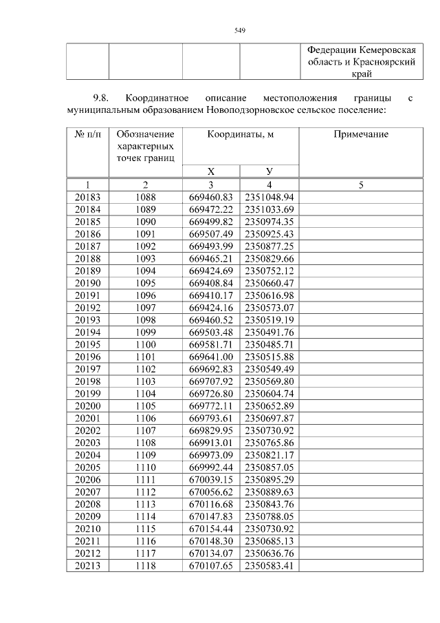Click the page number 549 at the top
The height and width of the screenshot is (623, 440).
tap(240, 30)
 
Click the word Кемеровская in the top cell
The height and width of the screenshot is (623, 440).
tap(389, 51)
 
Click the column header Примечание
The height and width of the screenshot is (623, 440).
tap(360, 134)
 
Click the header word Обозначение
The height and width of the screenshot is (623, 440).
tap(145, 134)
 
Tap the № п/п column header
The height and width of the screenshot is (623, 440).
tap(87, 134)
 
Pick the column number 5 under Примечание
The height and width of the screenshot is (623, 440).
tap(360, 184)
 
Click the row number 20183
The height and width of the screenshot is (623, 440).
tap(87, 197)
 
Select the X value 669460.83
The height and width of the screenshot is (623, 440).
tap(210, 197)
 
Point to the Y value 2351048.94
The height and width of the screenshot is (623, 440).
tap(269, 197)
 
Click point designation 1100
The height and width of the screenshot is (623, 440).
tap(145, 344)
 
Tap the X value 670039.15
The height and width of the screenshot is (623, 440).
tap(210, 480)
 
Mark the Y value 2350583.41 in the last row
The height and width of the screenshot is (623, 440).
tap(269, 566)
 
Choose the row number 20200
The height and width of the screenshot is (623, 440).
tap(87, 406)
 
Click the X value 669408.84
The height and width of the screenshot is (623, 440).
tap(210, 283)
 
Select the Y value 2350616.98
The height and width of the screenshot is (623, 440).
tap(269, 295)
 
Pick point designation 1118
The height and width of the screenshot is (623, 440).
tap(145, 566)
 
